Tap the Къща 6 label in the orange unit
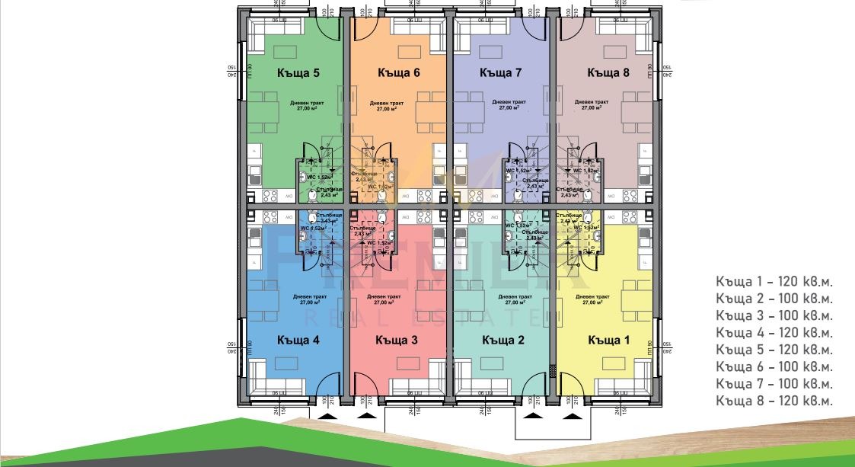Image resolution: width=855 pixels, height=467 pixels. (x=399, y=73)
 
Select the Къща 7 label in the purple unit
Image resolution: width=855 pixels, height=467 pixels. (x=500, y=73)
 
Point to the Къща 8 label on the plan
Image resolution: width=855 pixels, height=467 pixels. (x=608, y=73)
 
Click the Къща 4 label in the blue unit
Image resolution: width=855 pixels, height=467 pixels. (x=298, y=340)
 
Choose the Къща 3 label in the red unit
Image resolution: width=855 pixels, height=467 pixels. (x=396, y=340)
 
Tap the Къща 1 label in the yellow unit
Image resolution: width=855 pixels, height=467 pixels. (x=608, y=340)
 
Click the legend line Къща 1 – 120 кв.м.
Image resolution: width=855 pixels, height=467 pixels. (x=774, y=281)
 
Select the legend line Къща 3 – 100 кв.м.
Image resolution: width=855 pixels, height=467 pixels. (x=774, y=315)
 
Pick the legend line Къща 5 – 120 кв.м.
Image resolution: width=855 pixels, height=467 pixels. (x=774, y=350)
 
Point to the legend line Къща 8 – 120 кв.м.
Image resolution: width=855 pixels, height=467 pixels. (x=774, y=401)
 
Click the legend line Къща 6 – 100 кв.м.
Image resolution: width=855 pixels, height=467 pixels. (x=774, y=366)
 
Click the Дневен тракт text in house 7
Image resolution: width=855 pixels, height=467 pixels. (x=509, y=101)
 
